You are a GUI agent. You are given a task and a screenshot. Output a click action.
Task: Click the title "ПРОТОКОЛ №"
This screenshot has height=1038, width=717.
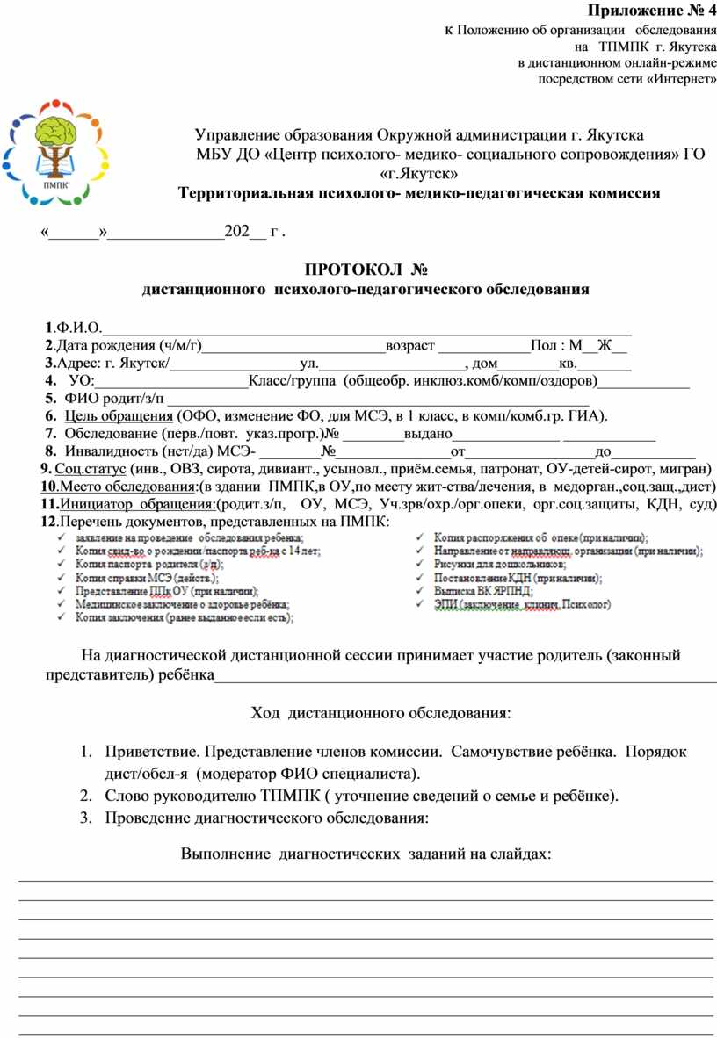pos(364,268)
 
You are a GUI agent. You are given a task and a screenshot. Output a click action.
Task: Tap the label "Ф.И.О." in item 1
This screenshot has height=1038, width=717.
pos(78,328)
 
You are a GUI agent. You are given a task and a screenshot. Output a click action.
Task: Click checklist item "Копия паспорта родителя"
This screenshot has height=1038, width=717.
pos(148,565)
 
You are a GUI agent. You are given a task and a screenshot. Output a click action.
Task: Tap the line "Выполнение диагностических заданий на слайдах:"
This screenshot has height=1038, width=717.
pos(366,853)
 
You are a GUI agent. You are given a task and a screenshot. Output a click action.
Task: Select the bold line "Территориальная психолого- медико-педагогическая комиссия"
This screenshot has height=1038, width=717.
pos(418,193)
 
